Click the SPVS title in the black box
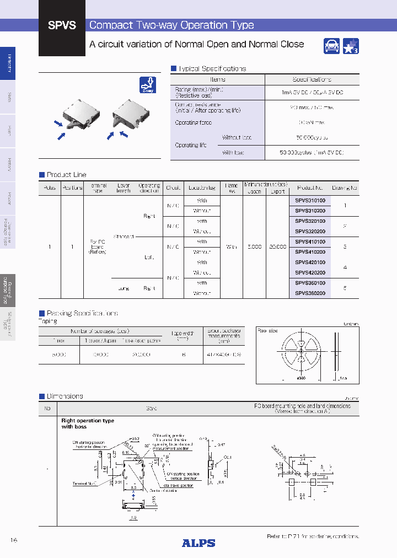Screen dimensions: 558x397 pyautogui.click(x=62, y=25)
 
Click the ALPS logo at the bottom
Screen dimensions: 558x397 pyautogui.click(x=198, y=543)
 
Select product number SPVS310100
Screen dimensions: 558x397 pyautogui.click(x=310, y=201)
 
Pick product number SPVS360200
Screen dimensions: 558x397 pyautogui.click(x=310, y=293)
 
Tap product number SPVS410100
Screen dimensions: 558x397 pyautogui.click(x=310, y=242)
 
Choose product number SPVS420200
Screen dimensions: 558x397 pyautogui.click(x=310, y=273)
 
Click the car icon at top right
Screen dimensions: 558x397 pyautogui.click(x=331, y=46)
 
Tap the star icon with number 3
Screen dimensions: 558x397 pyautogui.click(x=351, y=46)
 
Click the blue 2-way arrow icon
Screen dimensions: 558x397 pyautogui.click(x=148, y=85)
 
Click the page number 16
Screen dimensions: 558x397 pyautogui.click(x=14, y=540)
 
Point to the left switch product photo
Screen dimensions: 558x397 pyautogui.click(x=78, y=116)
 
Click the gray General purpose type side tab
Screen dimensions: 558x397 pyautogui.click(x=8, y=291)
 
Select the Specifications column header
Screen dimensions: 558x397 pyautogui.click(x=312, y=79)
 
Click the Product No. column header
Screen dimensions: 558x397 pyautogui.click(x=310, y=187)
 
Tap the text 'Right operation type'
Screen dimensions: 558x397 pyautogui.click(x=88, y=421)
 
